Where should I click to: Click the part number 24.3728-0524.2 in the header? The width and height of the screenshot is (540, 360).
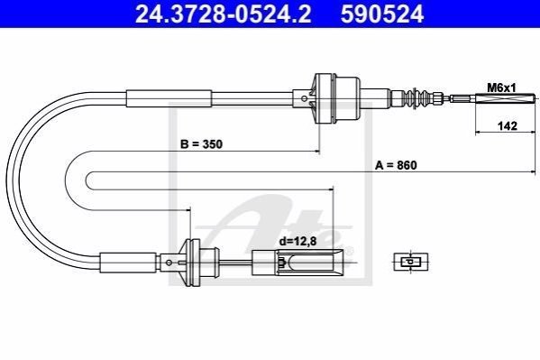pyautogui.click(x=224, y=14)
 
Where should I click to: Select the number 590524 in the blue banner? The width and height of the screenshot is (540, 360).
pyautogui.click(x=382, y=14)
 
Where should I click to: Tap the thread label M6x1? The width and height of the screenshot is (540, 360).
pyautogui.click(x=501, y=88)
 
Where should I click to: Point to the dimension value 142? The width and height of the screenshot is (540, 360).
pyautogui.click(x=508, y=125)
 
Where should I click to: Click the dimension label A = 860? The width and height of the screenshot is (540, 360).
pyautogui.click(x=396, y=165)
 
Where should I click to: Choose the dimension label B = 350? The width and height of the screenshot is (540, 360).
pyautogui.click(x=201, y=143)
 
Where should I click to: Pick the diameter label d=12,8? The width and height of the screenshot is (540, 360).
pyautogui.click(x=297, y=241)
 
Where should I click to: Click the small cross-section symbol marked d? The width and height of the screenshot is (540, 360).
pyautogui.click(x=410, y=262)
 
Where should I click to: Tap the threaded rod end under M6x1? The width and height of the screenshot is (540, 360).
pyautogui.click(x=506, y=98)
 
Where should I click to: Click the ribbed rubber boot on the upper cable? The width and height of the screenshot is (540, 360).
pyautogui.click(x=417, y=98)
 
